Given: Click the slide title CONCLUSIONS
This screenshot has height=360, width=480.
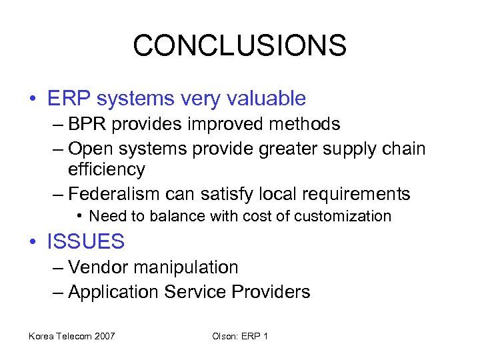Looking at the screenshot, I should (239, 46).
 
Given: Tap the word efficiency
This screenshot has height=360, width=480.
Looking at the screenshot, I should (106, 169).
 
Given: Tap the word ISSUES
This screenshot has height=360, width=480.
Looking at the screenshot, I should (85, 241).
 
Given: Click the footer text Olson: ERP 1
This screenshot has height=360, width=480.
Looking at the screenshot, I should (239, 336).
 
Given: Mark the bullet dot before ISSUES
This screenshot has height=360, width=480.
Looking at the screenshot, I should (33, 241).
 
